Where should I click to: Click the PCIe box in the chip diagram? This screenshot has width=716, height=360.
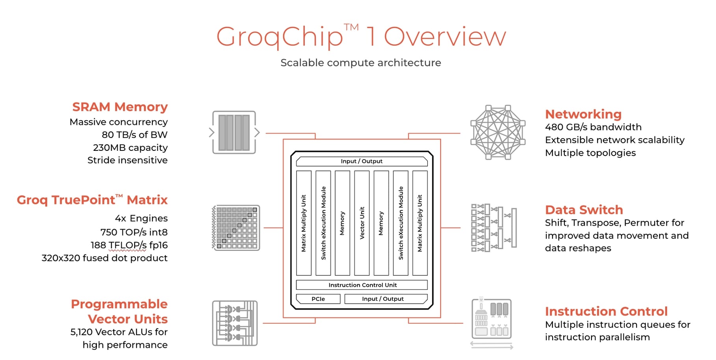(318, 299)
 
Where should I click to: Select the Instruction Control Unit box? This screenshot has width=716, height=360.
(362, 285)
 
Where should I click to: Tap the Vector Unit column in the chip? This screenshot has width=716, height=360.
(362, 223)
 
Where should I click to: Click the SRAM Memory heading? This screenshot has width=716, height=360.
(120, 107)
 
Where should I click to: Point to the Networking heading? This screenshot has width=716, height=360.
(583, 114)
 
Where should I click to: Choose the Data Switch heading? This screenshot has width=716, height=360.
(584, 210)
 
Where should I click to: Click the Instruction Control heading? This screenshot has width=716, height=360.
(606, 311)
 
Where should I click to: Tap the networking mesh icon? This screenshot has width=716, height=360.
(498, 132)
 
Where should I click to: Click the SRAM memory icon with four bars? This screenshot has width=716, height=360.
(234, 132)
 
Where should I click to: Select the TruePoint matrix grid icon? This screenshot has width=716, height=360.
(236, 228)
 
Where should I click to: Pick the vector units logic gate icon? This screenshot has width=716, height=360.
(235, 323)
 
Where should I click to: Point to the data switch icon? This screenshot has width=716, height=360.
(494, 228)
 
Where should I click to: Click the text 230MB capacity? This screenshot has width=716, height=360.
(130, 147)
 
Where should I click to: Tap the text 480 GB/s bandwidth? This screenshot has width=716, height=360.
(593, 127)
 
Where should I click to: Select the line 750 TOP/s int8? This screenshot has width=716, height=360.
(134, 232)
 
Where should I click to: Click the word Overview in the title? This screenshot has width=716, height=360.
(445, 37)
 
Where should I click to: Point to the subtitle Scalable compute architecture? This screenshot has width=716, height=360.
(360, 63)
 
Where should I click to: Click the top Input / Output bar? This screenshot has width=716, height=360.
(362, 161)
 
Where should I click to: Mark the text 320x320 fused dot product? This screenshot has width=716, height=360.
(104, 258)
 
